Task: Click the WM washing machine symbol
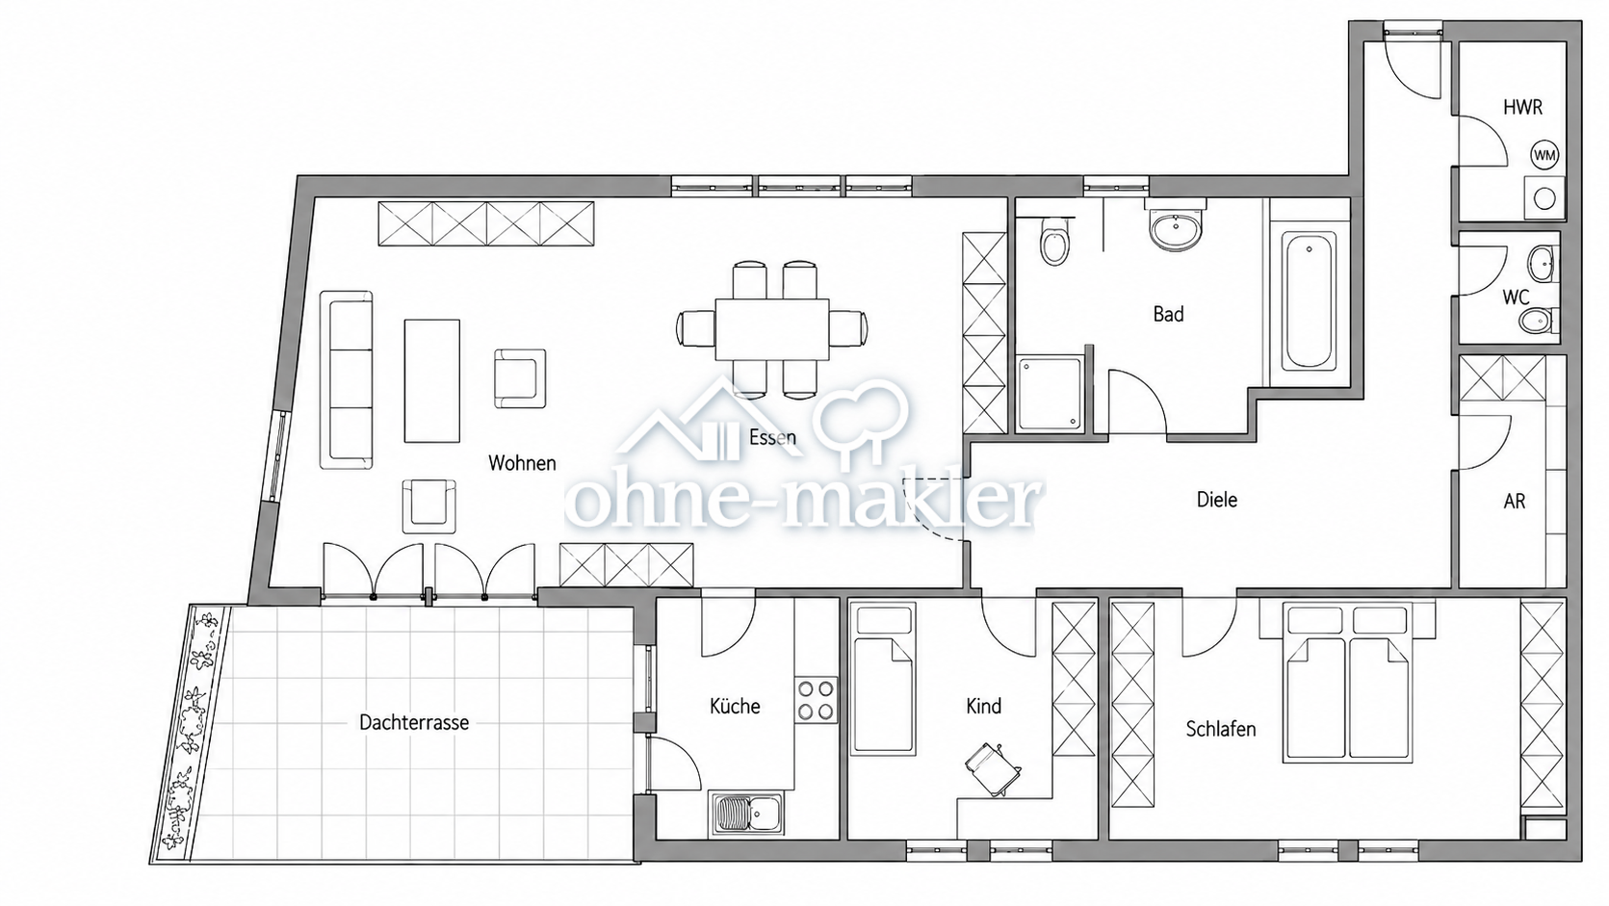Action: [x=1544, y=154]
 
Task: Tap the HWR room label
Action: [x=1522, y=108]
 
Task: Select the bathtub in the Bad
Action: [x=1309, y=301]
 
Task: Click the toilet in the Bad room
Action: [x=1053, y=241]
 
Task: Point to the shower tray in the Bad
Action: [x=1050, y=394]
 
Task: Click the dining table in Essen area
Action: [x=772, y=329]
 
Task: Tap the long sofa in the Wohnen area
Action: [x=347, y=380]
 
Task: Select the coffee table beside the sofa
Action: [x=431, y=381]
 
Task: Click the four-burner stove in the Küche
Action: [x=816, y=700]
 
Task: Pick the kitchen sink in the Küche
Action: [x=747, y=814]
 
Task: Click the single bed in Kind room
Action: [x=883, y=679]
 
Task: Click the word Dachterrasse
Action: [x=414, y=722]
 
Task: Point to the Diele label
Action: [x=1217, y=500]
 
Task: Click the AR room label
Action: [x=1515, y=501]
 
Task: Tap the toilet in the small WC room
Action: [x=1537, y=322]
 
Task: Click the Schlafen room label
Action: [x=1220, y=729]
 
